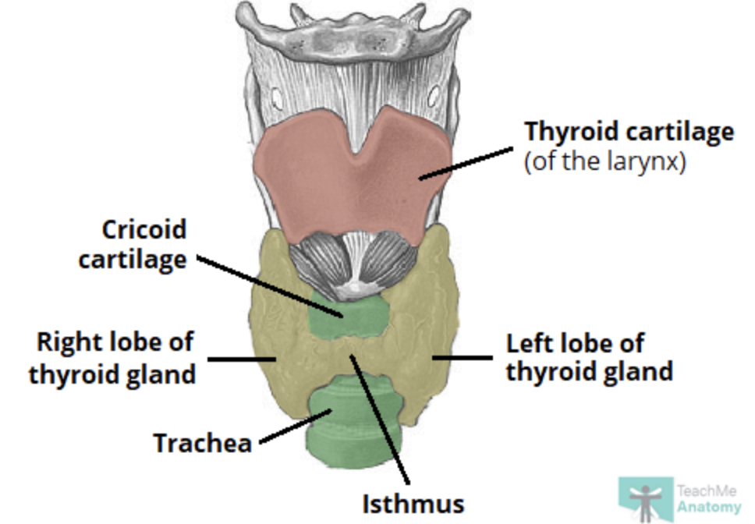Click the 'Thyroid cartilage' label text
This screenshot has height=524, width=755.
(x=629, y=132)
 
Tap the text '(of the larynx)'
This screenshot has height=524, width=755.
(x=604, y=165)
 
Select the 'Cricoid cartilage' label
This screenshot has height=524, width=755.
(x=133, y=244)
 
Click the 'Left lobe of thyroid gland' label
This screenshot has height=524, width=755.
(x=589, y=357)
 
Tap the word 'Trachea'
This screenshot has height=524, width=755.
(x=202, y=443)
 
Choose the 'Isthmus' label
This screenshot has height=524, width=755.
(x=413, y=503)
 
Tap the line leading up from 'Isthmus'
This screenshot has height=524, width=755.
(x=382, y=421)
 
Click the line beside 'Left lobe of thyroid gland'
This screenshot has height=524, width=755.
(x=464, y=359)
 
